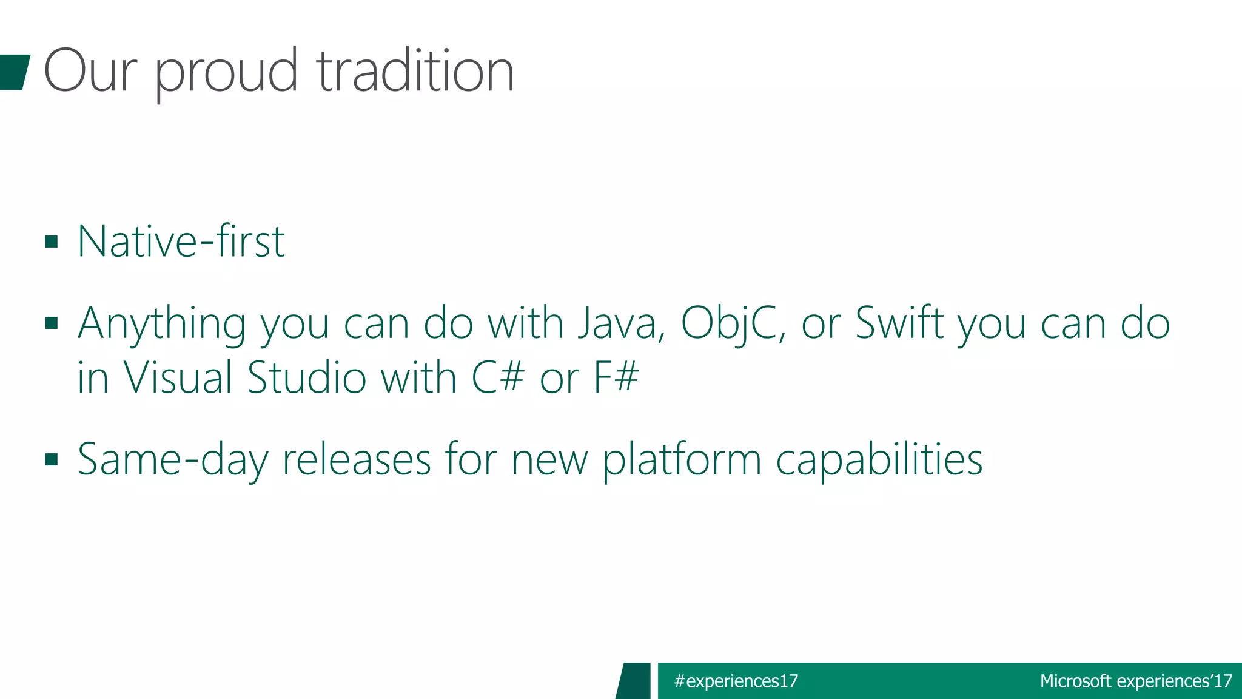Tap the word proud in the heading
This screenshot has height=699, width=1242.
click(x=226, y=74)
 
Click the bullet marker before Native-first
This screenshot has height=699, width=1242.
click(x=52, y=242)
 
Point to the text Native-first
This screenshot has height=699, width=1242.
click(x=181, y=241)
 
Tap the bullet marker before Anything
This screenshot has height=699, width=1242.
click(x=52, y=323)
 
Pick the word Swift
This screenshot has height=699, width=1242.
click(x=899, y=323)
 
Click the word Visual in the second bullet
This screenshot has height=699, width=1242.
click(x=178, y=377)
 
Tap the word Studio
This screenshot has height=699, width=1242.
click(x=307, y=377)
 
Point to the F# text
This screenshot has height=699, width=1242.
click(x=616, y=377)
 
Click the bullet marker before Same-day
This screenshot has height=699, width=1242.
click(x=52, y=459)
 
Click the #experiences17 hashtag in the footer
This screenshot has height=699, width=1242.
click(x=736, y=681)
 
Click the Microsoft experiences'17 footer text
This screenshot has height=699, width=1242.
click(x=1136, y=681)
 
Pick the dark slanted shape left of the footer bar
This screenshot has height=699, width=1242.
click(x=634, y=681)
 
